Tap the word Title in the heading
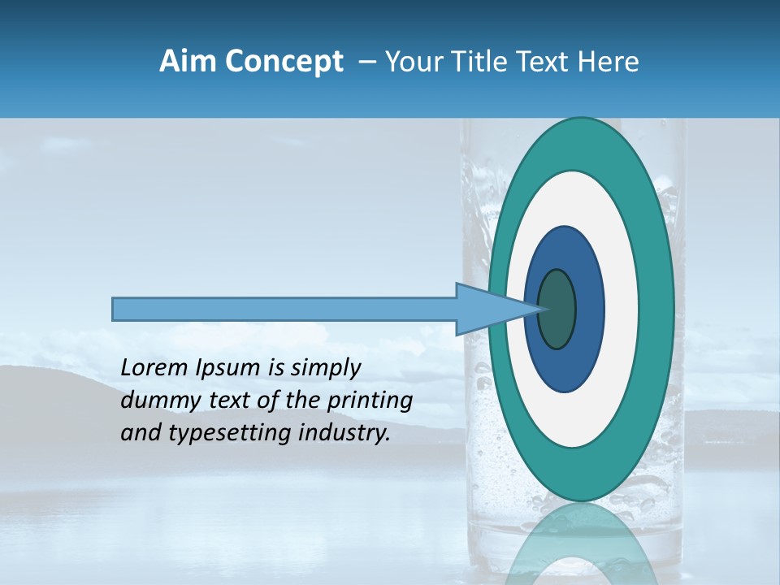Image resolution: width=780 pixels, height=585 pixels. pyautogui.click(x=485, y=62)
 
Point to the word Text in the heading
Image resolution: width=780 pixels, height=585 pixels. pyautogui.click(x=547, y=62)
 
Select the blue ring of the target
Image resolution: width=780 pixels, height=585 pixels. pyautogui.click(x=589, y=309)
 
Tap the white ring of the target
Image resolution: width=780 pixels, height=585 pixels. pyautogui.click(x=622, y=309)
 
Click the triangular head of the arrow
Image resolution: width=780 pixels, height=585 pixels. pyautogui.click(x=483, y=309)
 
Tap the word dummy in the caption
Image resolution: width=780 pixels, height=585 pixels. pyautogui.click(x=153, y=401)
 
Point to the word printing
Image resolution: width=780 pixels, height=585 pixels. pyautogui.click(x=370, y=401)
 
